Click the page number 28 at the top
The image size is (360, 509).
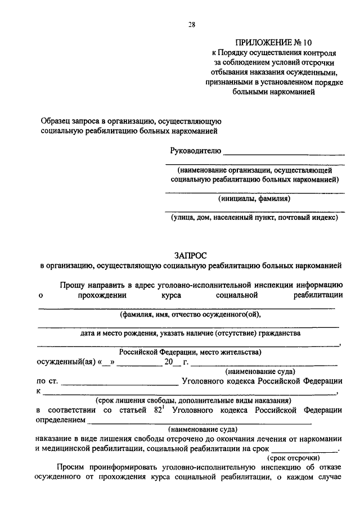coord(192,24)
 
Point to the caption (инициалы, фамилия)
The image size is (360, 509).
coord(254,198)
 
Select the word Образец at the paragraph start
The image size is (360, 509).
coord(57,121)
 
